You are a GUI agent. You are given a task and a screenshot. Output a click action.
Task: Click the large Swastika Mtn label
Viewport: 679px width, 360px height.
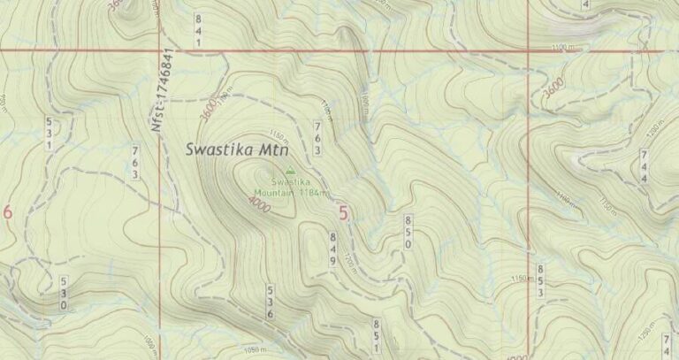tap(233, 149)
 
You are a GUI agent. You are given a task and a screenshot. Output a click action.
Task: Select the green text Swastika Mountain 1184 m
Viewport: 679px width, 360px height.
tap(292, 187)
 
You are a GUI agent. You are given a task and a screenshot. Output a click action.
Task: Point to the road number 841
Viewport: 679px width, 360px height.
tap(198, 30)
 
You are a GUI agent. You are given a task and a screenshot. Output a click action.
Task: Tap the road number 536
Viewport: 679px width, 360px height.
tap(271, 302)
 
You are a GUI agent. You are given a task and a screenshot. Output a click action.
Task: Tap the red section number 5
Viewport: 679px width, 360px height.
tap(343, 212)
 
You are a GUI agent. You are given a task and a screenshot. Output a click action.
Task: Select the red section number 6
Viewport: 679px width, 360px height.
tap(8, 212)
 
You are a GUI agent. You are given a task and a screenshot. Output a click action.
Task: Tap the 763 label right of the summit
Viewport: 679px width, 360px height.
tap(317, 138)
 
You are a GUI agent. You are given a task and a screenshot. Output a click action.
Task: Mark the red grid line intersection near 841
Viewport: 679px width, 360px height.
tap(160, 50)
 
